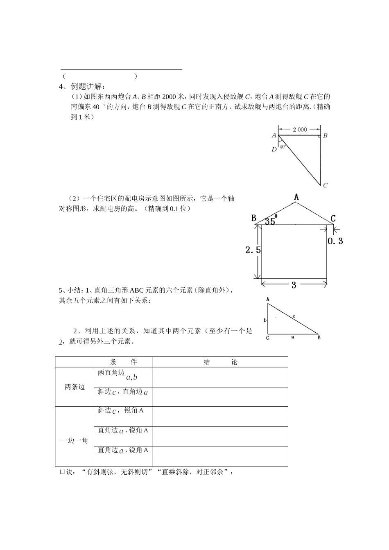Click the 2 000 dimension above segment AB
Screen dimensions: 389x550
(x=300, y=129)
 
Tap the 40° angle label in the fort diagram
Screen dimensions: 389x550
(x=283, y=147)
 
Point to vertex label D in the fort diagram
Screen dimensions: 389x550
(x=274, y=149)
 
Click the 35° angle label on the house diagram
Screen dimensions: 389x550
(x=271, y=221)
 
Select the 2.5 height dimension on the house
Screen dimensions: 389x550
(x=253, y=250)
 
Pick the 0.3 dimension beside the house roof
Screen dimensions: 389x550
(x=335, y=241)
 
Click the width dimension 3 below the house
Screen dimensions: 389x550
(x=294, y=286)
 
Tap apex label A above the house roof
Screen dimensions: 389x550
(x=296, y=198)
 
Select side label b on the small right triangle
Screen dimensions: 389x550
(x=265, y=320)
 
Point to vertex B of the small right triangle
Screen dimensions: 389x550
(x=319, y=338)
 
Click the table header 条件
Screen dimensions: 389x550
(x=123, y=362)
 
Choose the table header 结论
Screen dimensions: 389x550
(x=220, y=362)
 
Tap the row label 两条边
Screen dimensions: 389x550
(x=75, y=387)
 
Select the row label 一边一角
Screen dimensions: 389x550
(x=75, y=440)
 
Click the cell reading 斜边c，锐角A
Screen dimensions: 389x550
(x=120, y=410)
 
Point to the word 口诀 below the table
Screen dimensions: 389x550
(x=67, y=472)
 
